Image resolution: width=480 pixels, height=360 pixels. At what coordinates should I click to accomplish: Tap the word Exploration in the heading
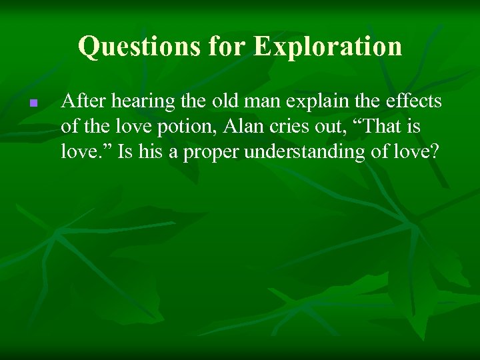329,46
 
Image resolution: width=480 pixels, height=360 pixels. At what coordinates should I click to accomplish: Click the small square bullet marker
32,104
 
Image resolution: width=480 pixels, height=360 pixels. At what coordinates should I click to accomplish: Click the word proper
214,152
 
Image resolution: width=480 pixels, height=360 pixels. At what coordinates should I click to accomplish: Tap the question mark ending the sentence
434,152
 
